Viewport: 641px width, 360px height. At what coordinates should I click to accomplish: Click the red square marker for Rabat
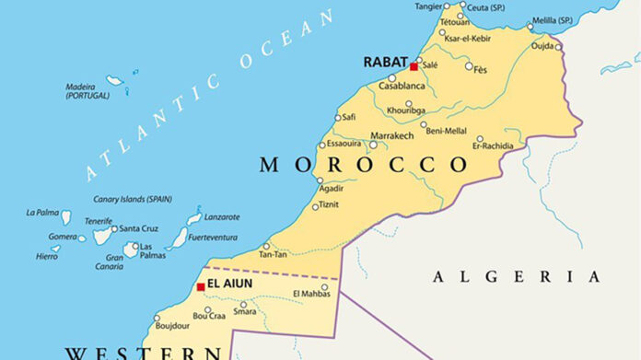point(414,67)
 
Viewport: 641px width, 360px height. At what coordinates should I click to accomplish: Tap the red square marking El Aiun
point(201,287)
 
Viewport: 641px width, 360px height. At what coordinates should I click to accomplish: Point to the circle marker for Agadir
point(320,180)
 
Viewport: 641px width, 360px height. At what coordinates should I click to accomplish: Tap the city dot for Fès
point(469,66)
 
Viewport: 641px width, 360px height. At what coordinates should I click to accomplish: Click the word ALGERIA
point(516,276)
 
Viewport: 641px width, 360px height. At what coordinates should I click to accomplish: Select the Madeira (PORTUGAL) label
point(87,91)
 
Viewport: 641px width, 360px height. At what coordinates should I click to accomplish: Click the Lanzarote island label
point(222,217)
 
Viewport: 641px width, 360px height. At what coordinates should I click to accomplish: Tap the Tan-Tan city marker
point(266,246)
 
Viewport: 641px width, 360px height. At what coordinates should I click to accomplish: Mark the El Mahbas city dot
point(324,286)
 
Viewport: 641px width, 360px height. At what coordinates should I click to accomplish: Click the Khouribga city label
point(406,110)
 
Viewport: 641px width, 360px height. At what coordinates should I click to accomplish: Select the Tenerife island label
point(99,221)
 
